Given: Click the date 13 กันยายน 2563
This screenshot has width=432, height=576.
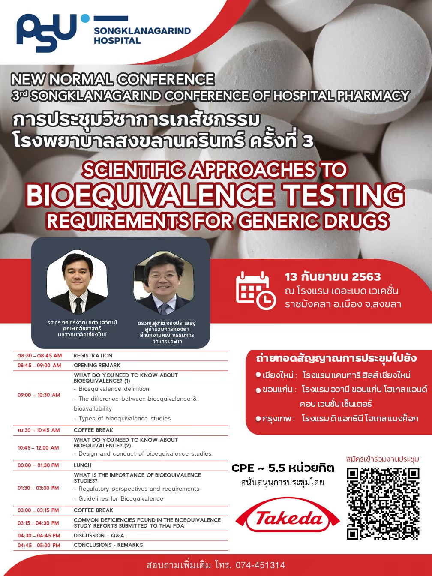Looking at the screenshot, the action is (x=333, y=277).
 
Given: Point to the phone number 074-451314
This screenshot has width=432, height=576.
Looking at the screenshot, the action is (x=260, y=565).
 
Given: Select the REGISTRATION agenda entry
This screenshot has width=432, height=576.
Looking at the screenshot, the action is (x=93, y=356).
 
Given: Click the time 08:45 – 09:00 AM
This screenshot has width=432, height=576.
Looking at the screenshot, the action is (x=39, y=365).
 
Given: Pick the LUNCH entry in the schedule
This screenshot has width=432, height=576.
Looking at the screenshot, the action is (x=83, y=465).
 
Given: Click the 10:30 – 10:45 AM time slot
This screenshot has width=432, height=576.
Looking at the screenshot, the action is (x=39, y=430).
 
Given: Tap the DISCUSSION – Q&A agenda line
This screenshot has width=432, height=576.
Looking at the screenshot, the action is (x=99, y=536).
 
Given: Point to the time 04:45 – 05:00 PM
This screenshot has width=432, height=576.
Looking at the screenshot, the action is (x=39, y=545).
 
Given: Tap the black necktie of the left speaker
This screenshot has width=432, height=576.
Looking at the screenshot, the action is (x=78, y=306).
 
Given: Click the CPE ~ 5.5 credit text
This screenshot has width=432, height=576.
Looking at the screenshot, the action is (x=283, y=468).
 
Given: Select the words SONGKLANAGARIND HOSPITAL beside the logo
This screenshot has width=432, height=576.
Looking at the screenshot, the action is (x=142, y=36).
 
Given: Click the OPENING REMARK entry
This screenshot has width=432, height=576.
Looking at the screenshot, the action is (x=97, y=365).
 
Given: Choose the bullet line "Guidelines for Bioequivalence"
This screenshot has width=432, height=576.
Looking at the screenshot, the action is (x=119, y=498).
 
